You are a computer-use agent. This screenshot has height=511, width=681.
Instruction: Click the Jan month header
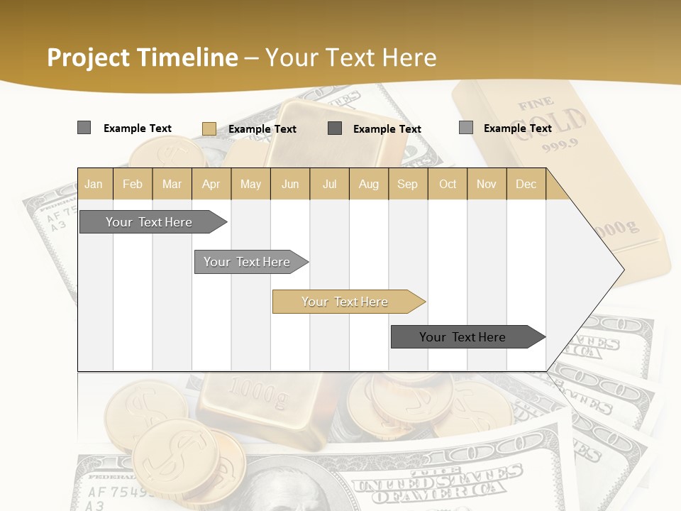(94, 184)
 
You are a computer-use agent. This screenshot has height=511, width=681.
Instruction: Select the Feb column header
(133, 184)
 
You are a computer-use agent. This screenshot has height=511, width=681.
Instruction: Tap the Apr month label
(211, 184)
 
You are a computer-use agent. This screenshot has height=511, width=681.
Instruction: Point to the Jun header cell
(290, 184)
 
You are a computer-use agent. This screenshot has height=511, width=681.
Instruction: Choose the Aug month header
(369, 184)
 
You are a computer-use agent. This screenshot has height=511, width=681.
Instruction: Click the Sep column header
(407, 184)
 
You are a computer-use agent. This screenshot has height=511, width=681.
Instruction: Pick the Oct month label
(448, 184)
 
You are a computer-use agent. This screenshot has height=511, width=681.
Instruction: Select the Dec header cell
(526, 184)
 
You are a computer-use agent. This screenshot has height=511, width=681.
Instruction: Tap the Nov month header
(487, 184)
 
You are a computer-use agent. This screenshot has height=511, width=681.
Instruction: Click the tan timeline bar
(345, 302)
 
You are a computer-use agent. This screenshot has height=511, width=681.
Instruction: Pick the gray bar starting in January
(150, 222)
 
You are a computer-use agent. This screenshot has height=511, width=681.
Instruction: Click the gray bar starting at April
(248, 262)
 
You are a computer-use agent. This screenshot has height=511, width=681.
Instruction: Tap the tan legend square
(209, 128)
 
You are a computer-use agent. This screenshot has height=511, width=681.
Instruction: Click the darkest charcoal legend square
(335, 128)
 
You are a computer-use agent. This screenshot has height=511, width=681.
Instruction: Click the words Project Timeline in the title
(143, 57)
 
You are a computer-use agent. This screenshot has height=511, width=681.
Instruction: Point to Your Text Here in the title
(351, 57)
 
